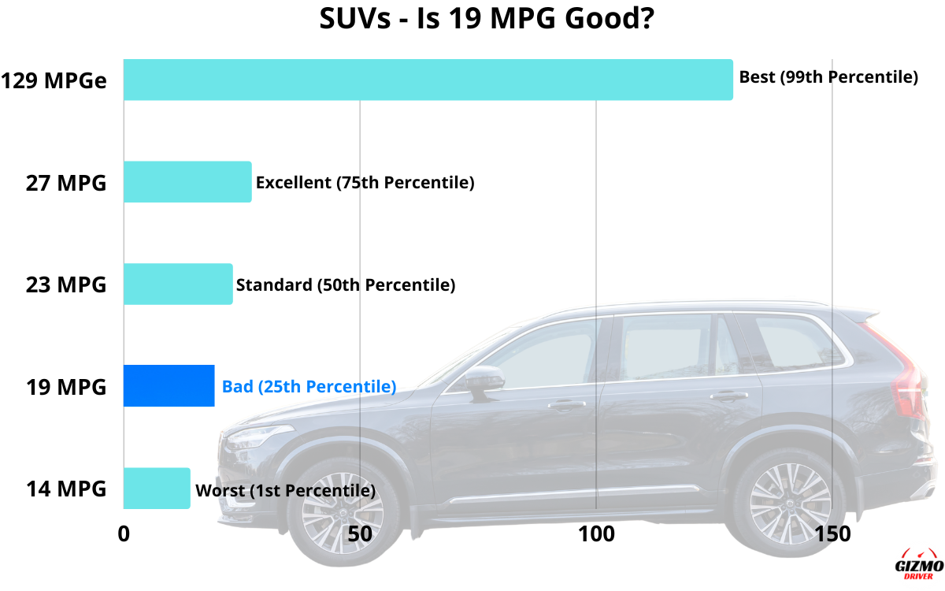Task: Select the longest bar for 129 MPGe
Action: click(428, 80)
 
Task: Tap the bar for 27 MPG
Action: click(187, 182)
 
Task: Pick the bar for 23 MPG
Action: click(178, 284)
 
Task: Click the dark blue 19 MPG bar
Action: click(169, 386)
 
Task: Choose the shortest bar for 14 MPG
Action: click(157, 488)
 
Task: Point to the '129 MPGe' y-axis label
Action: click(54, 80)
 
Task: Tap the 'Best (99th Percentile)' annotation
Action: click(828, 78)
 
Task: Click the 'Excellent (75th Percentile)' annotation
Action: click(365, 183)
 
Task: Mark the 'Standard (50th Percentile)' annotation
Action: click(346, 284)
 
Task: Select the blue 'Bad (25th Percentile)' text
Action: click(309, 387)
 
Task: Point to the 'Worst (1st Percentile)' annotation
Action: click(285, 490)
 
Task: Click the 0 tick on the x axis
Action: click(124, 533)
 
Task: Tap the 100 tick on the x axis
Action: click(596, 533)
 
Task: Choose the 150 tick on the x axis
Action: click(832, 533)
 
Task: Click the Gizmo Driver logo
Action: click(919, 565)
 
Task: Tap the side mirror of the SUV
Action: click(482, 382)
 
